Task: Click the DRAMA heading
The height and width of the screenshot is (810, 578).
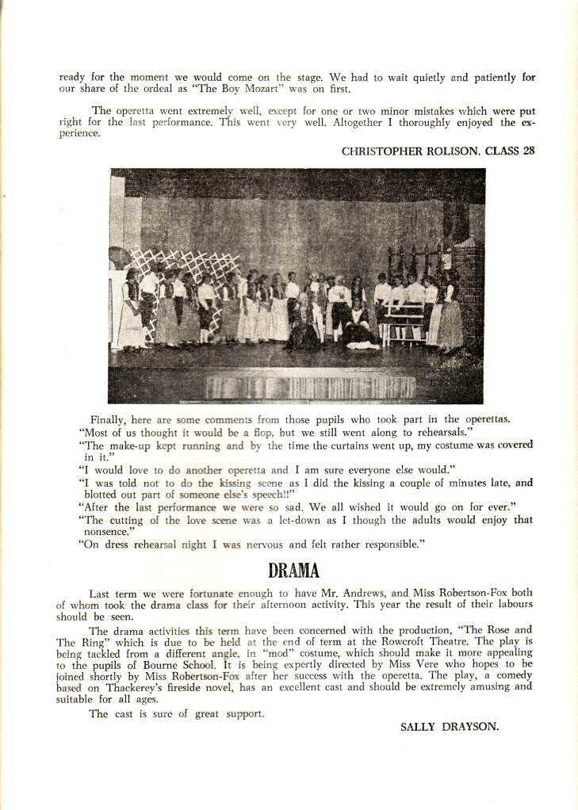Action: [293, 571]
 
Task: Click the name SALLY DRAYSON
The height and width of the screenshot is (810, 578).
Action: [450, 726]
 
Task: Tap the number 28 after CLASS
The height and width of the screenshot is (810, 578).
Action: [529, 151]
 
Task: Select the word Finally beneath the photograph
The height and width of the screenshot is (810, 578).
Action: [108, 418]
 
